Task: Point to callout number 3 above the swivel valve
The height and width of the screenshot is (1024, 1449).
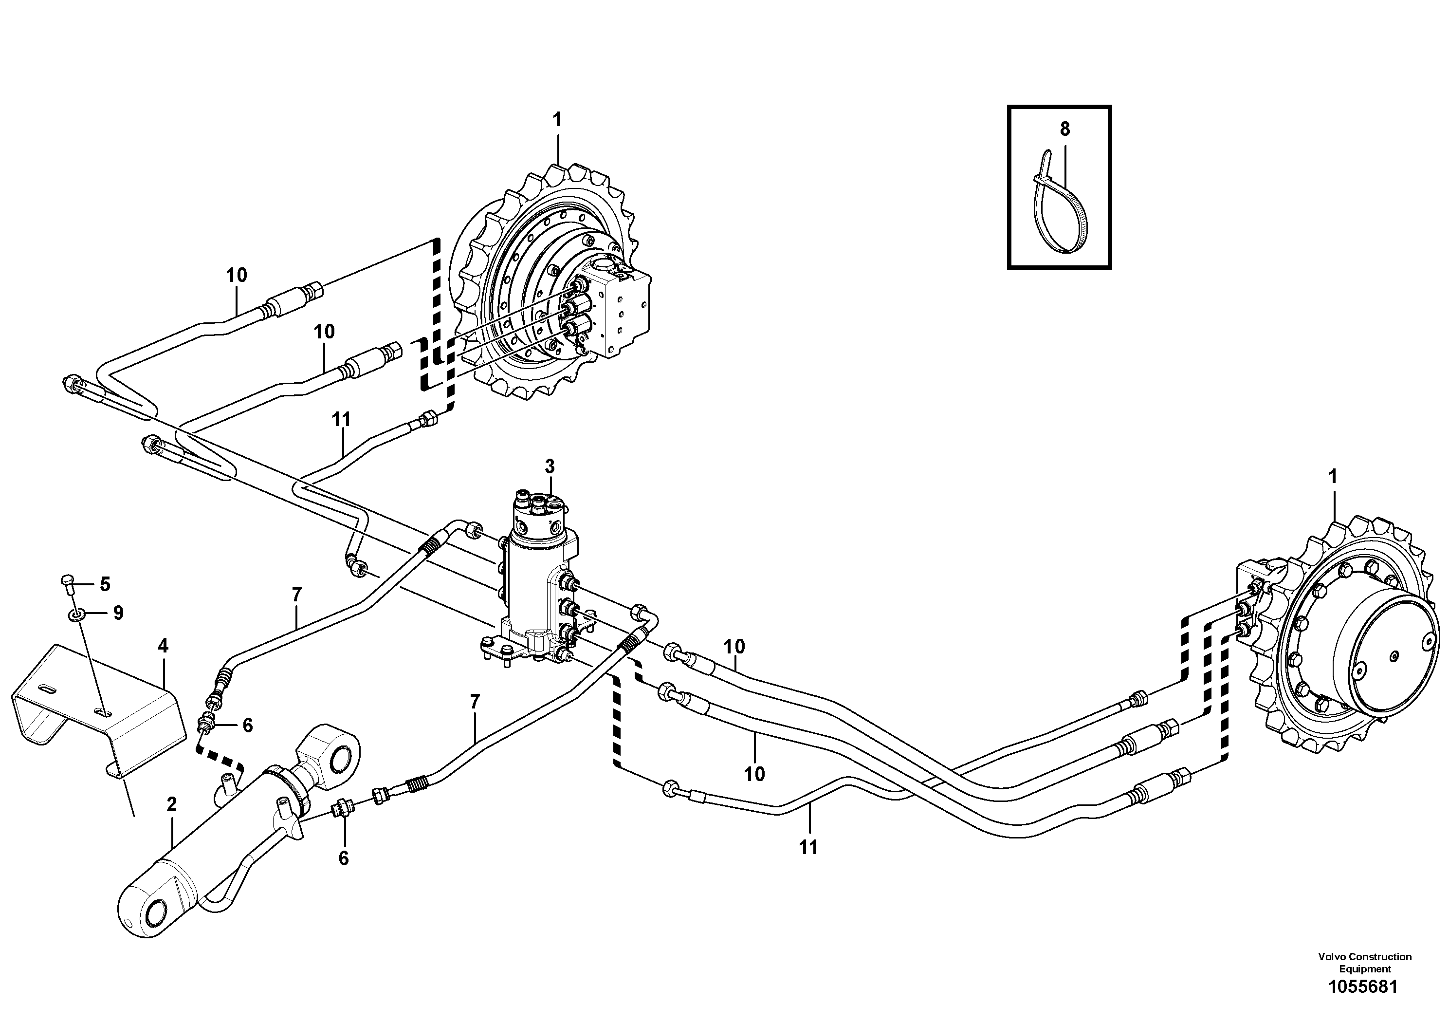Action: pos(550,466)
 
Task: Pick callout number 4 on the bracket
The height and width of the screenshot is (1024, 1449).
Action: pos(163,646)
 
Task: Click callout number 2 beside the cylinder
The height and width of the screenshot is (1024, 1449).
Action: pos(171,804)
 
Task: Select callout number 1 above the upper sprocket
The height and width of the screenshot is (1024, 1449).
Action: pos(557,119)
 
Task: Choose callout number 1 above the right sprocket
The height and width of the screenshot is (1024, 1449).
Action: pos(1332,477)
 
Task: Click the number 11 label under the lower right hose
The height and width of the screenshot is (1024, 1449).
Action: pos(808,847)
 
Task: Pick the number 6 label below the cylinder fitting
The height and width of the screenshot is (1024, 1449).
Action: pos(343,858)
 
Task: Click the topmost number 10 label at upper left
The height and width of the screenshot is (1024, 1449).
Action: pos(237,275)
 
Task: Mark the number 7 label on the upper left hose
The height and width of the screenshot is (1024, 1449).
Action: pos(296,594)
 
